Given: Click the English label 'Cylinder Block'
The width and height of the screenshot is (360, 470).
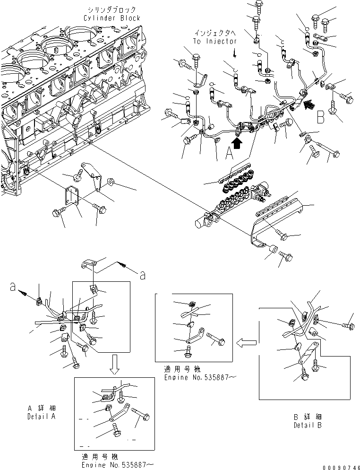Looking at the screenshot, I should tap(111, 18).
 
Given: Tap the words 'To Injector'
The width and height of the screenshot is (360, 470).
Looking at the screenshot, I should tap(214, 41).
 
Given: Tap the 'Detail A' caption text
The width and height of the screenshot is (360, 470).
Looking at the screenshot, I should tap(41, 417).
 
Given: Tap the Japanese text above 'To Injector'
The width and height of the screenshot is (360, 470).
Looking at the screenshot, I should tap(215, 33).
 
